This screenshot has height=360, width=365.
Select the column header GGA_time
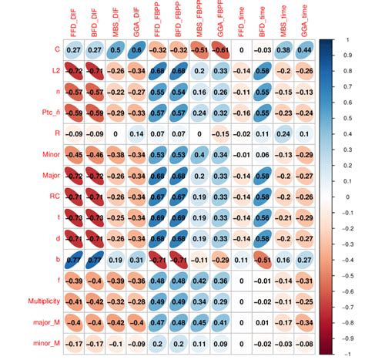click(305, 22)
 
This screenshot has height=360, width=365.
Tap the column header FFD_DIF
click(74, 22)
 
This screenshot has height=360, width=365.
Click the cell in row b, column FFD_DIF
click(74, 260)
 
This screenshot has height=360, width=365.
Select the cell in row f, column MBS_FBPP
click(199, 281)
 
